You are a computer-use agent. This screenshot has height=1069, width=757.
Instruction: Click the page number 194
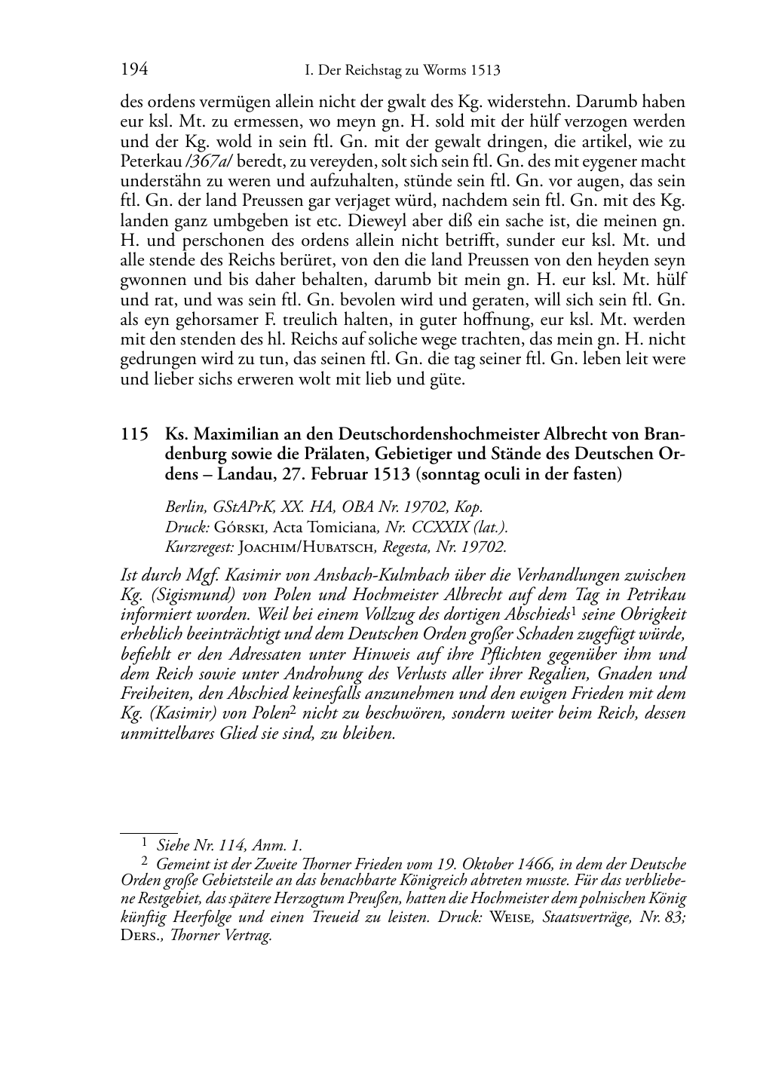[133, 70]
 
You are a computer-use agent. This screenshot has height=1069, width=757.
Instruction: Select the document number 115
[133, 435]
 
